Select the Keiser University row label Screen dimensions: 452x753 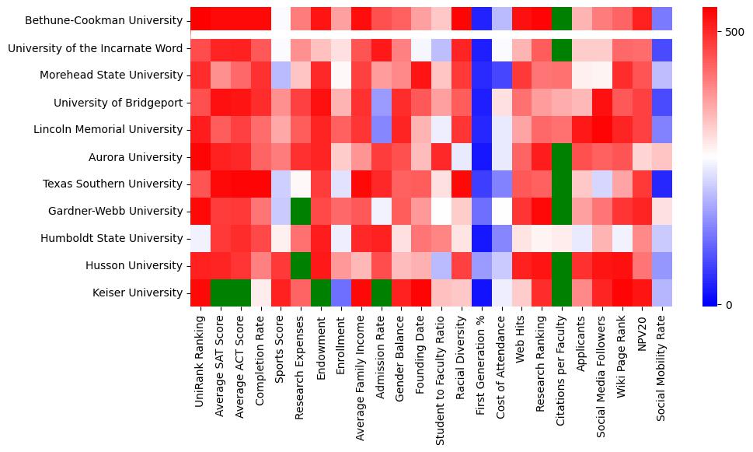tap(138, 293)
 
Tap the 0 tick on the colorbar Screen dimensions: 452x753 tap(729, 304)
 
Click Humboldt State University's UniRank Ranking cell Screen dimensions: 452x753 tap(200, 238)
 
